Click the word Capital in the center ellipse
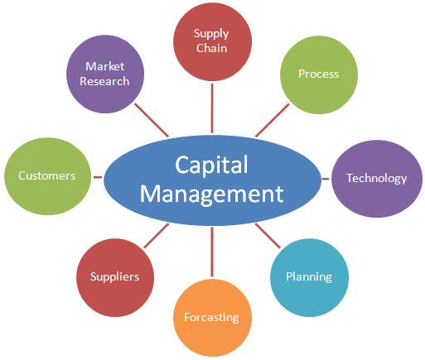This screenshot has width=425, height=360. tap(211, 165)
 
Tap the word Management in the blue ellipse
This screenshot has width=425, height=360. tap(211, 194)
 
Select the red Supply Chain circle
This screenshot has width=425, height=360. tap(212, 41)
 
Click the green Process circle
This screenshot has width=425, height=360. tap(319, 74)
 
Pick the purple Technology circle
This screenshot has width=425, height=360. tap(377, 179)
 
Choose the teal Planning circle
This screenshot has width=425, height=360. tap(309, 277)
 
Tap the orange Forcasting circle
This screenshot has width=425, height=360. tap(212, 318)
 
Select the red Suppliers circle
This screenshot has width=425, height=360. tap(115, 277)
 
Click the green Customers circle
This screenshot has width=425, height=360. tap(47, 176)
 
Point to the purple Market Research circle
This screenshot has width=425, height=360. tap(105, 74)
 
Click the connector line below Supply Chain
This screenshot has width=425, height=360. tap(212, 108)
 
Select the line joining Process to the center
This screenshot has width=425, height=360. tap(273, 120)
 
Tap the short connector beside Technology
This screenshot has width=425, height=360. tap(326, 179)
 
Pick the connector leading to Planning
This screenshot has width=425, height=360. tap(268, 236)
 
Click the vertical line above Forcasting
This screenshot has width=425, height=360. tap(212, 252)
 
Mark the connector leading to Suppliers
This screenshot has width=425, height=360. tap(157, 236)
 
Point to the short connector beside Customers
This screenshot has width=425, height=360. tap(98, 177)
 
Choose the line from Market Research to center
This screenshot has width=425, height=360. tap(152, 120)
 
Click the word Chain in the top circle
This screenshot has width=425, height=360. tap(211, 48)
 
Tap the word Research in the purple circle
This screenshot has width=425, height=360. tap(104, 81)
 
